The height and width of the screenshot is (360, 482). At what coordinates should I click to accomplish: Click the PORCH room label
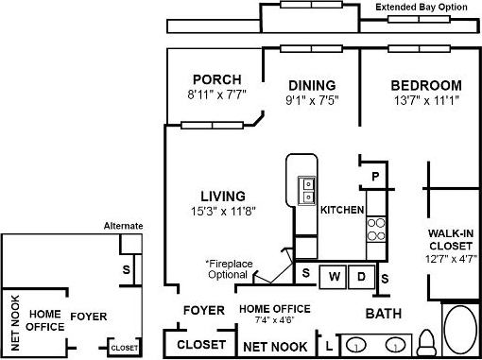[x=216, y=79]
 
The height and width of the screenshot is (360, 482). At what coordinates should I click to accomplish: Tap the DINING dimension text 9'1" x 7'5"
[x=311, y=98]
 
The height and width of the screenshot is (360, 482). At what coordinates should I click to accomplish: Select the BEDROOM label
[x=426, y=85]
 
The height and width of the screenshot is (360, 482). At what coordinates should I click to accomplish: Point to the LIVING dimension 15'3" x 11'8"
[x=222, y=210]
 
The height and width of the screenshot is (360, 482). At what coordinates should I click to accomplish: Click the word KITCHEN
[x=342, y=209]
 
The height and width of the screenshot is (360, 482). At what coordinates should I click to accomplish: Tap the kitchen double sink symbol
[x=306, y=191]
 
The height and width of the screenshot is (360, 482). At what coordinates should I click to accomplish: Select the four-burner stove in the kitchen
[x=376, y=229]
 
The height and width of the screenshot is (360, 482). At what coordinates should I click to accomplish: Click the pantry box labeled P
[x=374, y=176]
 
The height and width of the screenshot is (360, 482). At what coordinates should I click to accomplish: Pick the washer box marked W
[x=335, y=277]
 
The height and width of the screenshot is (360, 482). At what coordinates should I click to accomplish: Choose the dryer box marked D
[x=361, y=277]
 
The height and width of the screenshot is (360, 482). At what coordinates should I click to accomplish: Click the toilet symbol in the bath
[x=426, y=340]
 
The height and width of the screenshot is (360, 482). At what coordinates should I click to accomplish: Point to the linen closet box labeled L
[x=327, y=347]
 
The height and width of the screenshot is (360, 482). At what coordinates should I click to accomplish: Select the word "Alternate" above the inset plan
[x=123, y=226]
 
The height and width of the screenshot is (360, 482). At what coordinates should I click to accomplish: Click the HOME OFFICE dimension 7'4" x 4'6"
[x=271, y=320]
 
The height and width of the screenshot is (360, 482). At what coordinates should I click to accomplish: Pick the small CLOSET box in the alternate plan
[x=124, y=348]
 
